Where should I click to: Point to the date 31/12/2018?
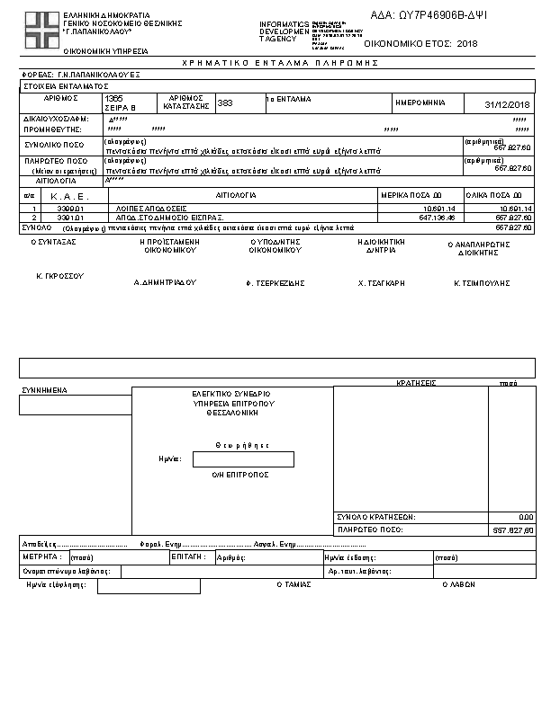pyautogui.click(x=509, y=104)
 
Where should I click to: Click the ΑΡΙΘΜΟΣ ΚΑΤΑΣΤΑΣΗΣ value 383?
pyautogui.click(x=225, y=103)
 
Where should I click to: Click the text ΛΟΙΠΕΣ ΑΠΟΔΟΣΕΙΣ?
pyautogui.click(x=151, y=209)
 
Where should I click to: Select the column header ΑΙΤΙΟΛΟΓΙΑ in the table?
pyautogui.click(x=237, y=194)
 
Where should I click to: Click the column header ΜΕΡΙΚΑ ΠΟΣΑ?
pyautogui.click(x=412, y=194)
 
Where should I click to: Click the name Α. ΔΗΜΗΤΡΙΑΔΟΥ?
pyautogui.click(x=165, y=282)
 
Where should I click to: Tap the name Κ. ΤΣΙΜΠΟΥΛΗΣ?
pyautogui.click(x=482, y=282)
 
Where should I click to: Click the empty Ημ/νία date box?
pyautogui.click(x=243, y=459)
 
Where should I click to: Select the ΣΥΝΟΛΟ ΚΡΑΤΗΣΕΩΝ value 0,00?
pyautogui.click(x=526, y=517)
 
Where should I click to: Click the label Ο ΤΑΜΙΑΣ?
pyautogui.click(x=294, y=584)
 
